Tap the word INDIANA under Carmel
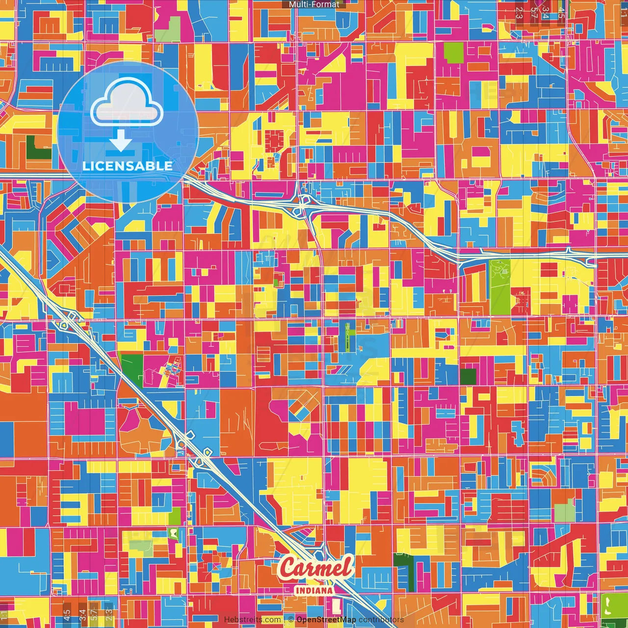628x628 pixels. [314, 591]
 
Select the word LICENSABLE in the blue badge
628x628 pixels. [128, 166]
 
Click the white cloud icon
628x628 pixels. [127, 105]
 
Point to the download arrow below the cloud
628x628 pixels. [121, 140]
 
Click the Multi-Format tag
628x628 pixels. [314, 4]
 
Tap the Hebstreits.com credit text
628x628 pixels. [252, 620]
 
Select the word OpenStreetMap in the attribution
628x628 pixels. [326, 620]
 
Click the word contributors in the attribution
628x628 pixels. [381, 620]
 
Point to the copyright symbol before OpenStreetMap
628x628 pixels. [291, 620]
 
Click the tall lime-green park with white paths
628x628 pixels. [500, 287]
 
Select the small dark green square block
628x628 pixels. [468, 376]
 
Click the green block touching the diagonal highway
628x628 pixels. [131, 369]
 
